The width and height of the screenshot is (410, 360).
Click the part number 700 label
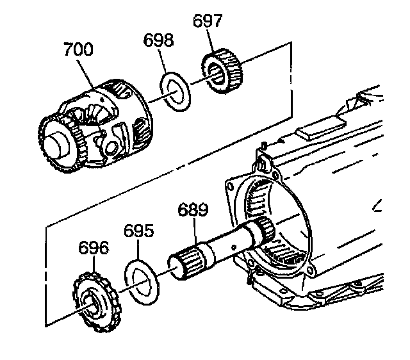[78, 49]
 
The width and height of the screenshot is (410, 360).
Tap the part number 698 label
[158, 42]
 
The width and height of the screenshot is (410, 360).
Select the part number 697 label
[208, 21]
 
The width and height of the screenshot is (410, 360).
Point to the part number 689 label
[193, 210]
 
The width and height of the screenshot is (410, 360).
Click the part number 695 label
[138, 231]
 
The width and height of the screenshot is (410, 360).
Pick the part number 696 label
[94, 248]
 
